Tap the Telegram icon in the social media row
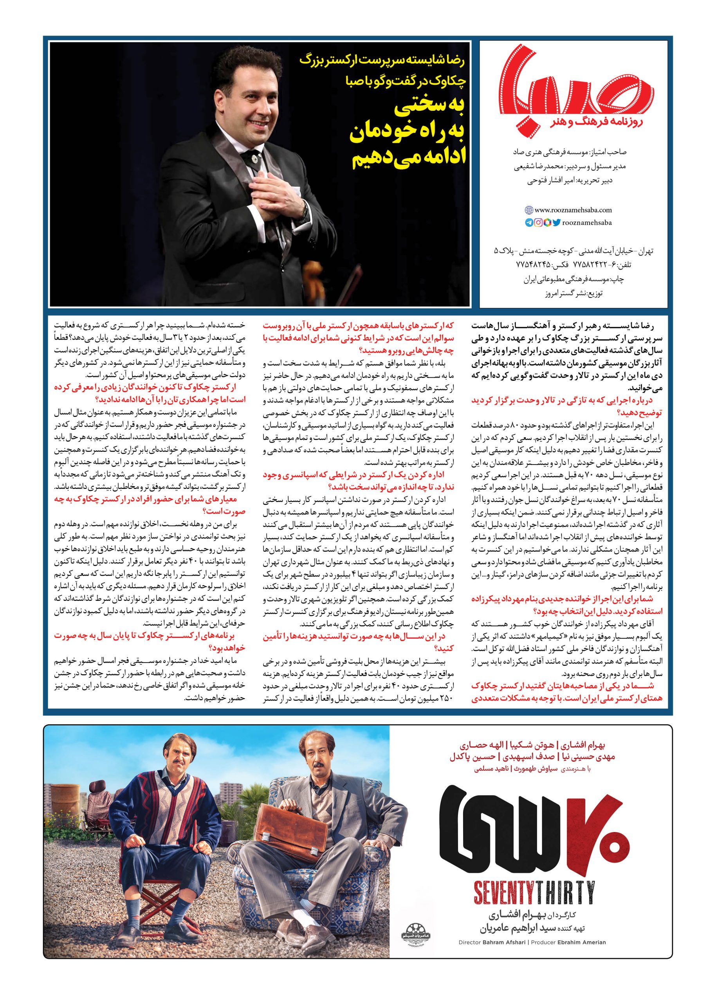pos(528,223)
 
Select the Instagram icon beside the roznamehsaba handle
pos(538,223)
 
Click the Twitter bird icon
pos(556,223)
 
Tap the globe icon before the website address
pos(529,210)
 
